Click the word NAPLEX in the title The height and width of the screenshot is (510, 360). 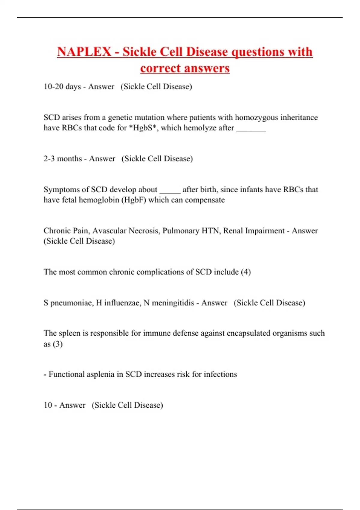tap(84, 52)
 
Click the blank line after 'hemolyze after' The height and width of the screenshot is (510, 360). tap(251, 129)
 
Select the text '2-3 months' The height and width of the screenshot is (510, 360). tap(62, 158)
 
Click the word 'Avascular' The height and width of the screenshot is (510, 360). tap(109, 231)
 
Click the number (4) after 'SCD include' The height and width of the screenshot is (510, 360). tap(246, 272)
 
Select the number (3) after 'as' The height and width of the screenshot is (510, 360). tap(58, 344)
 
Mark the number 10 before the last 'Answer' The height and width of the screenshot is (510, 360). tap(48, 405)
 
